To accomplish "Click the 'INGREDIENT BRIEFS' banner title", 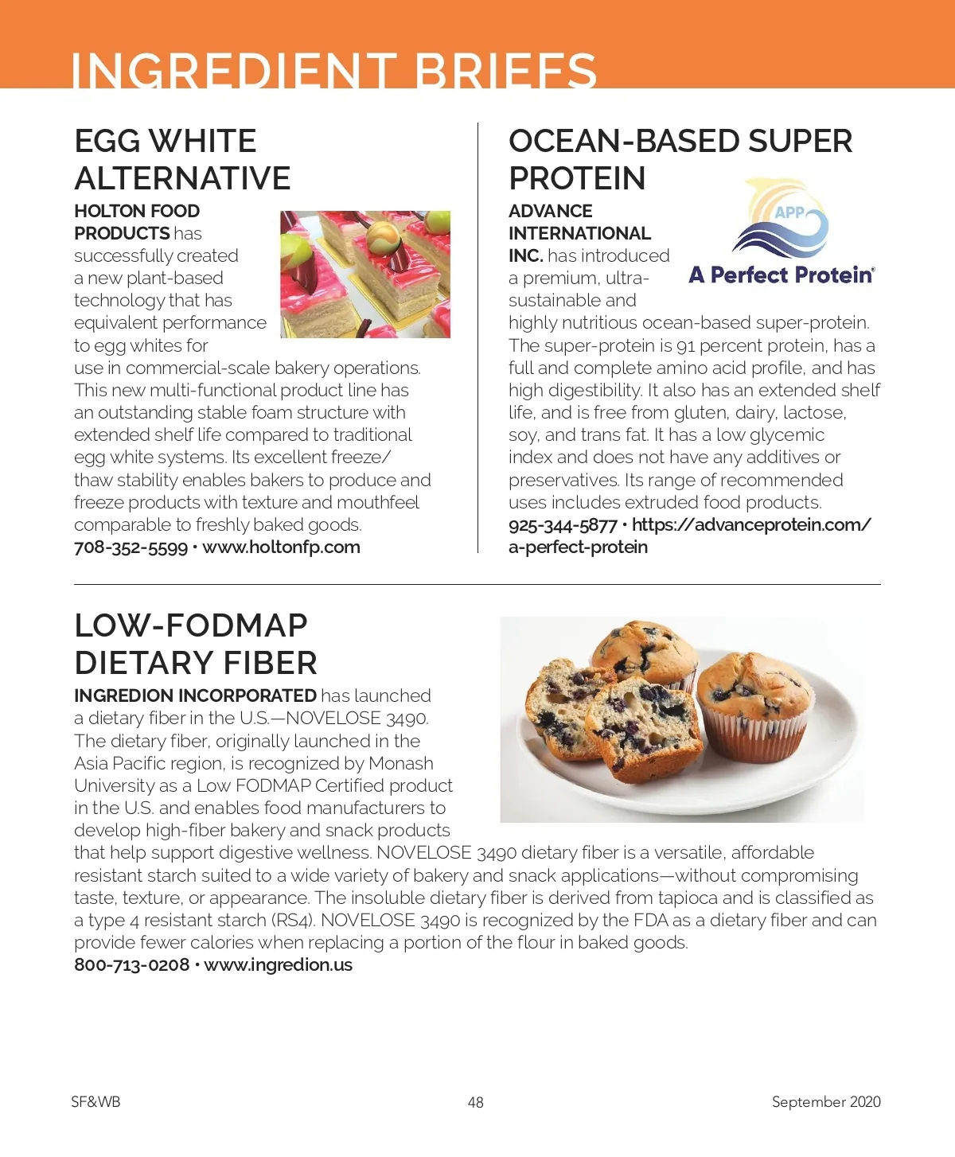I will coord(333,69).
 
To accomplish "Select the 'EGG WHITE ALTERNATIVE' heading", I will coord(182,160).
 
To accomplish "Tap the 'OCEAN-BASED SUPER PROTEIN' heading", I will coord(680,159).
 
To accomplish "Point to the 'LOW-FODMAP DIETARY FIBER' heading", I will coord(195,644).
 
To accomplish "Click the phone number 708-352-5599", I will coord(131,547).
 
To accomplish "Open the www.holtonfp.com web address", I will coord(281,547).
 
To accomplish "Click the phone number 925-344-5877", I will coord(563,525).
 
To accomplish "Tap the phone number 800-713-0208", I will coord(131,965).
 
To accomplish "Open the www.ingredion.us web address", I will coord(278,965).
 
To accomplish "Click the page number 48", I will coord(476,1102).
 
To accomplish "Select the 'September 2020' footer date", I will coord(826,1102).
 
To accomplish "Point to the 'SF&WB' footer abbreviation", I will coord(95,1102).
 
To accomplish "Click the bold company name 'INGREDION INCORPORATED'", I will coord(195,695).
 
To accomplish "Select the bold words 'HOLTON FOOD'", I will coord(137,211).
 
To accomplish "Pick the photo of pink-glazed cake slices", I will coord(365,274).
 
